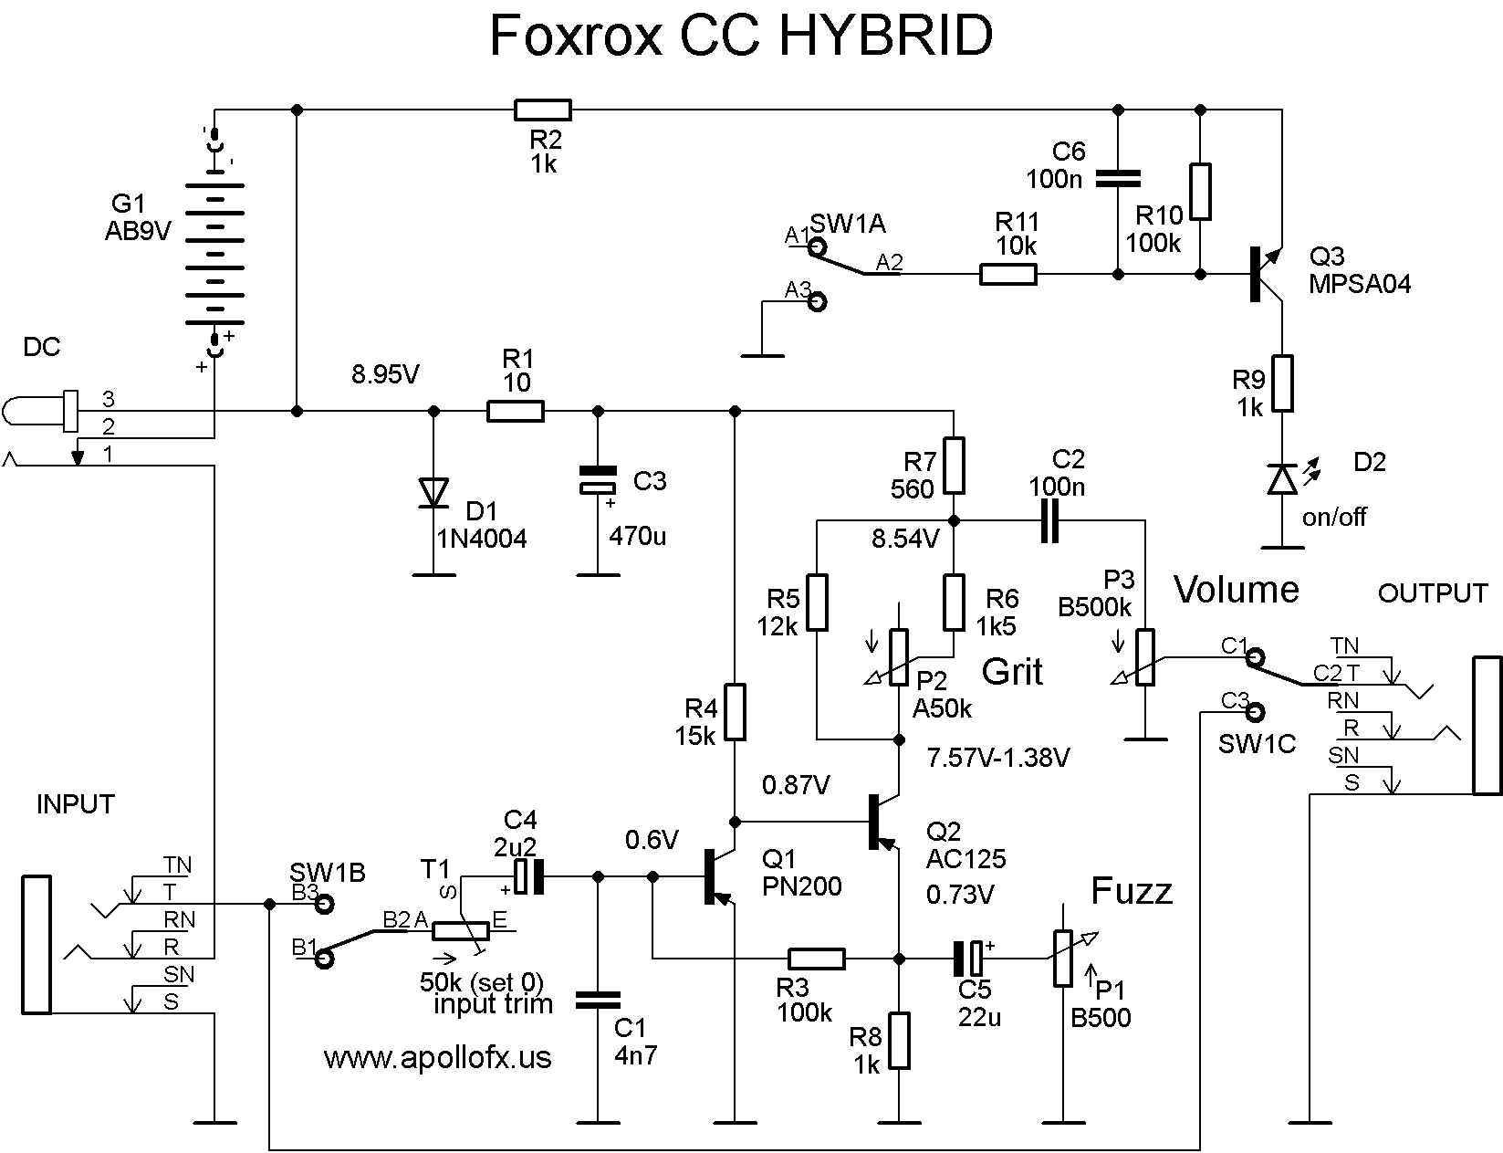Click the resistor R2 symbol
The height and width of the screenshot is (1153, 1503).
[542, 110]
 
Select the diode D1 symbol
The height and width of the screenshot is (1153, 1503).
[433, 493]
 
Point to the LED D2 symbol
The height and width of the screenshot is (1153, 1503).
[1282, 479]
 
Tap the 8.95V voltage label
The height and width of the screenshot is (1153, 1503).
[386, 374]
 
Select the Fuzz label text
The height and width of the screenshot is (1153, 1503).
[1132, 890]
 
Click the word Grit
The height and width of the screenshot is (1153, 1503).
[1012, 672]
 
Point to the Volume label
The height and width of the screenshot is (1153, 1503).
[1236, 590]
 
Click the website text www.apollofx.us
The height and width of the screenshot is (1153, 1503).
[437, 1057]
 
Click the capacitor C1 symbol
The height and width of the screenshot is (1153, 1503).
[598, 1001]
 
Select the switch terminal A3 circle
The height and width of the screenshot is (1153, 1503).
[818, 301]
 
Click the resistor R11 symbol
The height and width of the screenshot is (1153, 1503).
[1007, 274]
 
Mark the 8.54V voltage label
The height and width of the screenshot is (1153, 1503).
[905, 539]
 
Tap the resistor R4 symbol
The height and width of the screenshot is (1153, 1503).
[735, 711]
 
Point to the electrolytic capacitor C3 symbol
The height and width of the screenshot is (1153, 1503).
[598, 481]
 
